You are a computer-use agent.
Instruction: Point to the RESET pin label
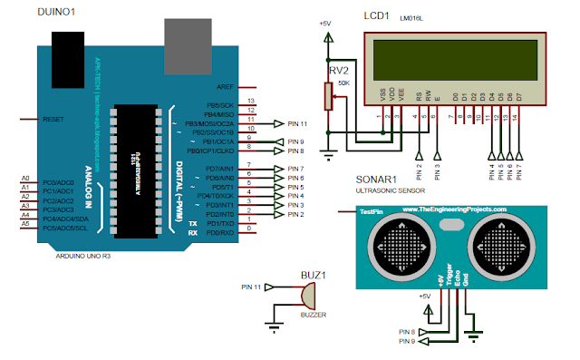(x=53, y=119)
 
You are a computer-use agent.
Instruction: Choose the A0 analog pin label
(x=25, y=178)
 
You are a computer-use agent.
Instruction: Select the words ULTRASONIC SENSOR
(x=401, y=191)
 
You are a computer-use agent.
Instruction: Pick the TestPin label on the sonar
(x=369, y=210)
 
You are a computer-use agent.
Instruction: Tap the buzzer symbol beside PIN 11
(x=306, y=296)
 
